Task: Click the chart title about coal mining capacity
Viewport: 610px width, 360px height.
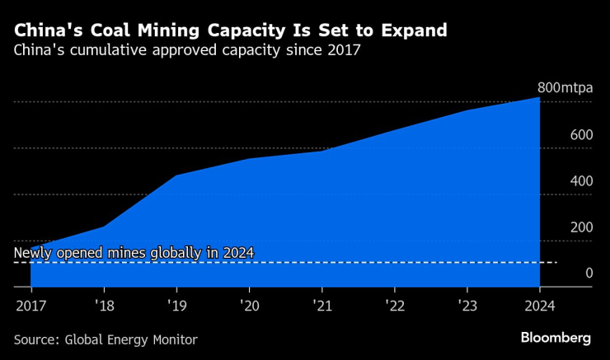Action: point(230,30)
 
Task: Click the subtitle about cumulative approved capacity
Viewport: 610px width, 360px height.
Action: point(187,51)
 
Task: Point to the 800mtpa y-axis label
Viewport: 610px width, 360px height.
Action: point(564,88)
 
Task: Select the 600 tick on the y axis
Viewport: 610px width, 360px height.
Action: point(581,134)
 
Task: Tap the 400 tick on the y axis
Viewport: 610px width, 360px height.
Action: point(581,180)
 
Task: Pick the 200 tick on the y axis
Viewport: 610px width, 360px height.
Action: point(581,227)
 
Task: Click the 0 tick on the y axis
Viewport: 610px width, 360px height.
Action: point(588,273)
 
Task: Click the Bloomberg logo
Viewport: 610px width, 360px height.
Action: point(556,338)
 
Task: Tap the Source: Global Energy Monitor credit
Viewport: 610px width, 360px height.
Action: point(106,339)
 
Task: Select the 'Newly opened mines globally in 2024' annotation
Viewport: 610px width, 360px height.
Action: point(134,253)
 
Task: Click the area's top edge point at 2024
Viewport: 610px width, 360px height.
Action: point(539,98)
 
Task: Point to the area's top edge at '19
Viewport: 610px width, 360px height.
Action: point(176,175)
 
